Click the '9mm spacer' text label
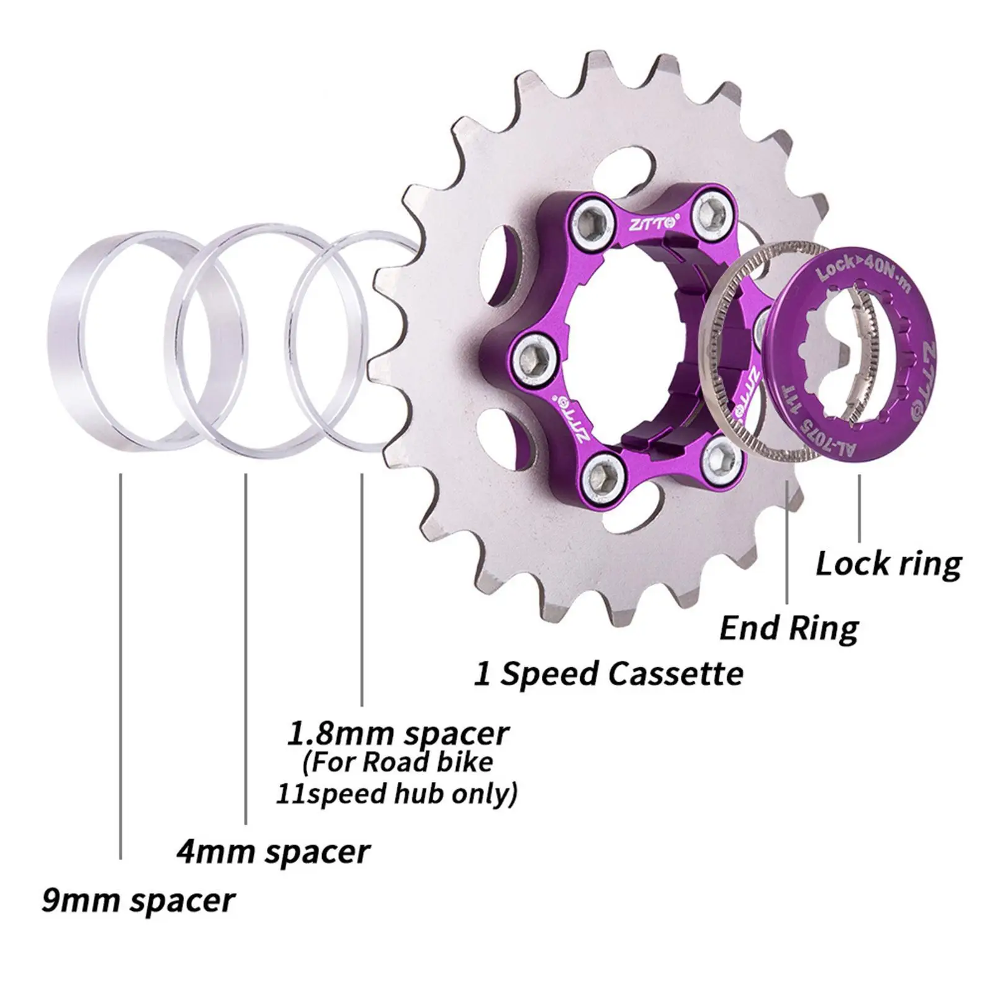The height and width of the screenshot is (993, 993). (138, 901)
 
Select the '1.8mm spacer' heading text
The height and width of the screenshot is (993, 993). (397, 733)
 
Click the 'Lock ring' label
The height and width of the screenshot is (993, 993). (888, 564)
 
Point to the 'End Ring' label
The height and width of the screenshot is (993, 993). (789, 628)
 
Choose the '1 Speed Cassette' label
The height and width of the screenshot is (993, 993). (608, 673)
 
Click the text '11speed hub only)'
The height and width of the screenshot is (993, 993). (396, 794)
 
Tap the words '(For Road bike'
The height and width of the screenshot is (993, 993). (398, 762)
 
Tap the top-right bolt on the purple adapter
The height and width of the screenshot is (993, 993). (707, 215)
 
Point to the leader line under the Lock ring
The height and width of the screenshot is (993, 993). (860, 509)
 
